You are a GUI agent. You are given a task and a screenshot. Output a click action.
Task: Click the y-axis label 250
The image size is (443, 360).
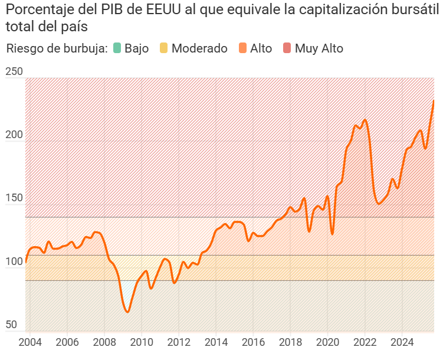14,72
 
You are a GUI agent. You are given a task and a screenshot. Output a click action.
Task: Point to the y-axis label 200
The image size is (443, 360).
14,135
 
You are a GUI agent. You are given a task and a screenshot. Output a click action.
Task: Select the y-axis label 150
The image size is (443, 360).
14,198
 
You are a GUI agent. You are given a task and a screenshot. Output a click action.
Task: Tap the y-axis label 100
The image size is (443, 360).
14,261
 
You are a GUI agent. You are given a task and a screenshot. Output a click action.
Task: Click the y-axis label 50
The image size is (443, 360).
12,325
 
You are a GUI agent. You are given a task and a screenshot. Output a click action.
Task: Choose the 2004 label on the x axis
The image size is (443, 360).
30,342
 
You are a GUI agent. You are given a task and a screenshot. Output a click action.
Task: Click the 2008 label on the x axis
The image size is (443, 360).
104,342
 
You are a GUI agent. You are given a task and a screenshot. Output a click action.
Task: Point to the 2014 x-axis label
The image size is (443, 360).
216,342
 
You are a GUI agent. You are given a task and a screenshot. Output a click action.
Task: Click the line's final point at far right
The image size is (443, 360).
434,100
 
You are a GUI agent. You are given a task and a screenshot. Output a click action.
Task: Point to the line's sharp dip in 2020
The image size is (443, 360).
332,234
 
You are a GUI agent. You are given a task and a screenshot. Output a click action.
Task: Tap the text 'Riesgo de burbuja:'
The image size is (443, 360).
57,48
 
